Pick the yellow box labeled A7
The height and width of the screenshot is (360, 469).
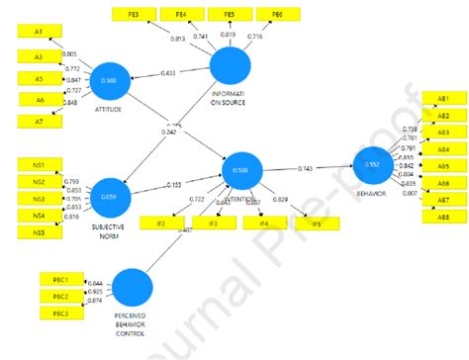(x=39, y=121)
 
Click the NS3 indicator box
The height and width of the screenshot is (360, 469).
(x=39, y=198)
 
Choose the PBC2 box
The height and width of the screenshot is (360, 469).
(x=61, y=296)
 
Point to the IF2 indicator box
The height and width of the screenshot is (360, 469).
(x=160, y=225)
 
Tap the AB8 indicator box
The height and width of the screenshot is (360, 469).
(x=442, y=217)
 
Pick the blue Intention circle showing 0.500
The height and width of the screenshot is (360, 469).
(x=240, y=170)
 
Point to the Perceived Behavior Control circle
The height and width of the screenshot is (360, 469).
(x=134, y=288)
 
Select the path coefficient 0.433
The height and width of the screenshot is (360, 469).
(x=169, y=73)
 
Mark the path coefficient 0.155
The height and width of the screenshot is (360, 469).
(x=174, y=184)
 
